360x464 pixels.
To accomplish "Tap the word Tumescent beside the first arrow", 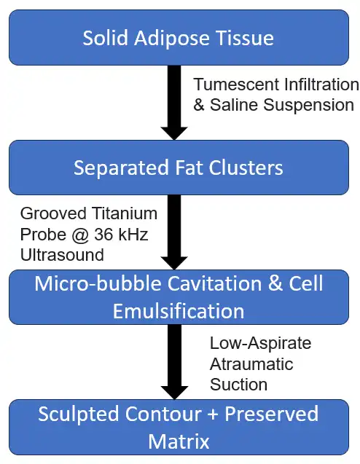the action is point(236,84).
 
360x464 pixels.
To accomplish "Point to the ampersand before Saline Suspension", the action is point(199,105).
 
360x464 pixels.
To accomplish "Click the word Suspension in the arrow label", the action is point(308,106).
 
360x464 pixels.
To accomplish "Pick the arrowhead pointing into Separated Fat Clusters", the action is point(174,133).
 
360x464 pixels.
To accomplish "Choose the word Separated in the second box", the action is point(121,168).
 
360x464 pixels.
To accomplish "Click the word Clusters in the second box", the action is point(246,168).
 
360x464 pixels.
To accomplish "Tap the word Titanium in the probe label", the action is point(125,213).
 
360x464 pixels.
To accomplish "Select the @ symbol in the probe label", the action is point(79,235).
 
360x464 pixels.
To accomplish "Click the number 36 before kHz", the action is point(104,235).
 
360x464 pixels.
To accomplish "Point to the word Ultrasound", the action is point(62,255).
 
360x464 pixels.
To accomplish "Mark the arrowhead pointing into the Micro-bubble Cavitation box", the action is point(174,263).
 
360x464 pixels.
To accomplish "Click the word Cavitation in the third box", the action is point(215,283).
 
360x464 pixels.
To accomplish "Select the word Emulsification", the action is point(179,311).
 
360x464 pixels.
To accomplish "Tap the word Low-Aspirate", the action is point(261,344).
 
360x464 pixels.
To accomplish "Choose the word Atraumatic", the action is point(251,364).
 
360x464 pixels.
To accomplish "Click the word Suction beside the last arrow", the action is point(238,385).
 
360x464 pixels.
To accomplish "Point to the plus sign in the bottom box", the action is point(213,414).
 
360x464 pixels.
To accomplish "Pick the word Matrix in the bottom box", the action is point(179,441).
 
